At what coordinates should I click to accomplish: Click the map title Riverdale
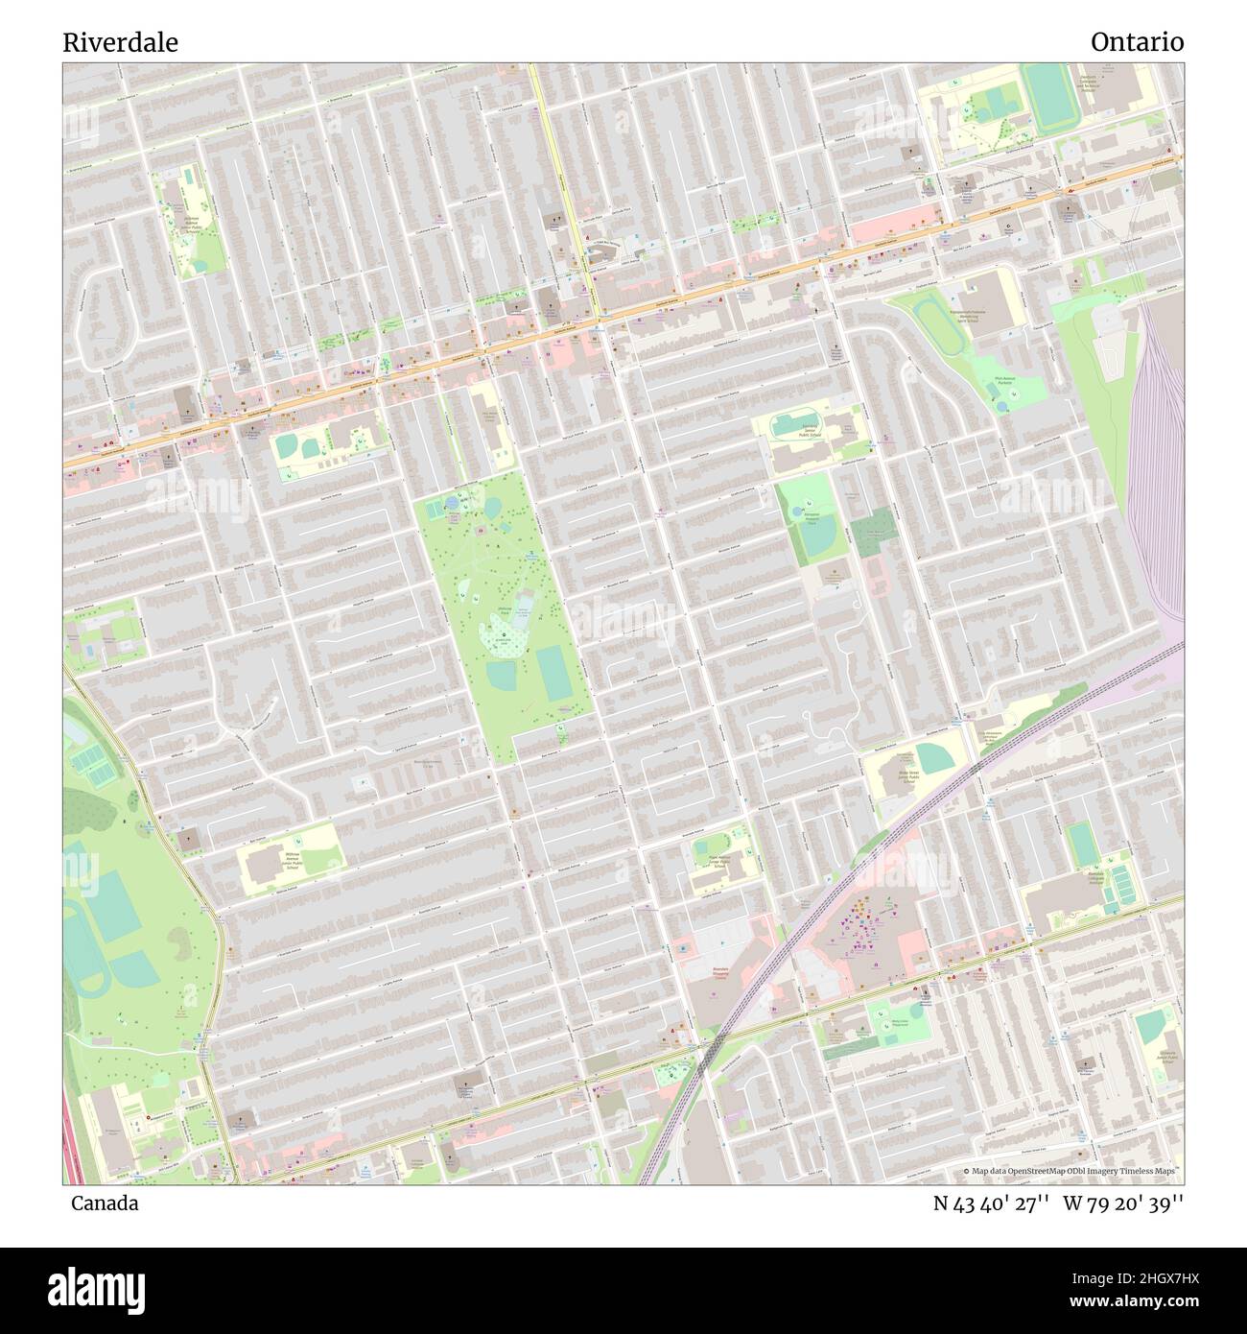120,42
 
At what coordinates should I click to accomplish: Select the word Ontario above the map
1137,42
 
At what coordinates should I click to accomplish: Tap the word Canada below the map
104,1203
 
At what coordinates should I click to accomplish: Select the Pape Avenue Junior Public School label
720,861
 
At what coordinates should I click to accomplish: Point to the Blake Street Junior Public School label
908,775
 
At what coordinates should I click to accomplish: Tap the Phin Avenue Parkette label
1005,380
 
